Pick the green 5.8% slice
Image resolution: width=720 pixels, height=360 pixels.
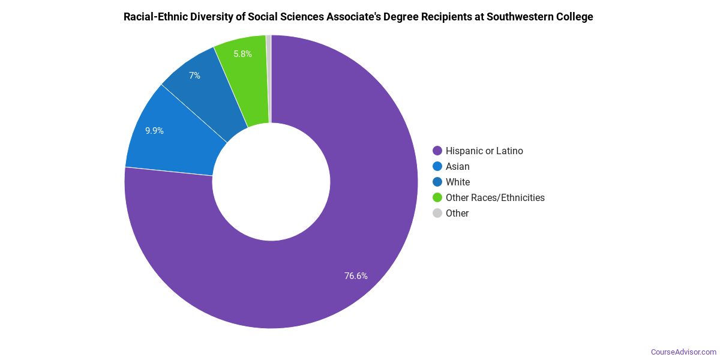click(x=243, y=72)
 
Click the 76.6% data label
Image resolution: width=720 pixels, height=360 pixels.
click(x=356, y=276)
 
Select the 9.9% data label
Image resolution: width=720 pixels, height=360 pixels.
click(x=154, y=130)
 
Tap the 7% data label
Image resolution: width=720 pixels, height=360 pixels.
click(x=194, y=76)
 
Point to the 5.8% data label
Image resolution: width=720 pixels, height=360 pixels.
click(x=242, y=53)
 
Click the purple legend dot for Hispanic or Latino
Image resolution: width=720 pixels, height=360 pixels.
click(x=437, y=151)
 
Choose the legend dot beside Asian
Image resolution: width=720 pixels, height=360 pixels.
click(x=437, y=166)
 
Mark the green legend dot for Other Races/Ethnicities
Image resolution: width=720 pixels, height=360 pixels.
click(x=437, y=197)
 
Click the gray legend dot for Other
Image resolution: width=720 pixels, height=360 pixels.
click(x=437, y=213)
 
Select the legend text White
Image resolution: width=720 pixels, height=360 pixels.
click(x=458, y=182)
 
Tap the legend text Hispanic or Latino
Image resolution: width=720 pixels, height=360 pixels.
click(x=484, y=151)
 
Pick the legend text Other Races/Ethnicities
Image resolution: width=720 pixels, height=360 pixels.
click(x=495, y=197)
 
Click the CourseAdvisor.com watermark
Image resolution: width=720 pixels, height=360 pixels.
click(x=683, y=352)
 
